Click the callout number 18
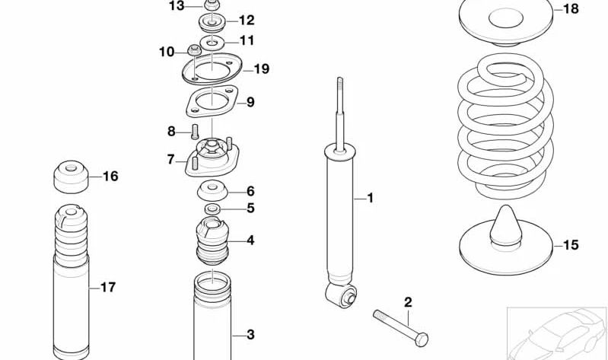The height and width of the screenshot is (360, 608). [x=570, y=9]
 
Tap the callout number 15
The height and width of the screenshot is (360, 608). [x=570, y=245]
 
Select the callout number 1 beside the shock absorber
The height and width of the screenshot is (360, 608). [x=371, y=199]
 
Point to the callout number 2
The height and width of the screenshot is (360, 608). [x=408, y=303]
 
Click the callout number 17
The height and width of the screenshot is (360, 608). [x=108, y=287]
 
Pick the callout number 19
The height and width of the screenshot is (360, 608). [x=261, y=69]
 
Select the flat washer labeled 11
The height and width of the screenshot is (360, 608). [x=212, y=41]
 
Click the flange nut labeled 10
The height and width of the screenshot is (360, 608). [x=194, y=52]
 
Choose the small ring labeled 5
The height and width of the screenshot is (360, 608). [x=213, y=209]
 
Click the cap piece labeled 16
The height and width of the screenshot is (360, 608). [x=71, y=177]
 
